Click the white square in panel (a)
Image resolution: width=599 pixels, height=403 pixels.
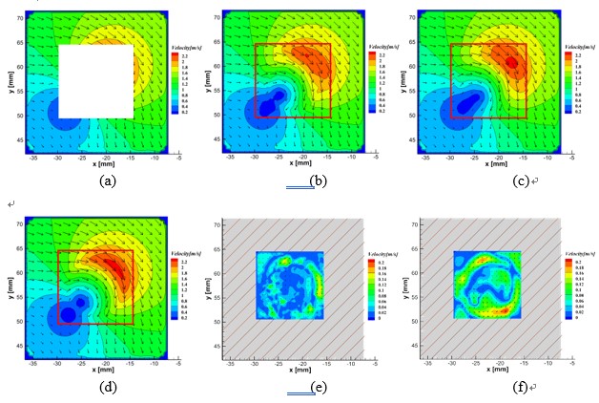tap(96, 82)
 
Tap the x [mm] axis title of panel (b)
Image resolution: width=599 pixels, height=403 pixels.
tap(291, 161)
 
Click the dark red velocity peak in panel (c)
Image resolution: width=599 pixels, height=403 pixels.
tap(512, 62)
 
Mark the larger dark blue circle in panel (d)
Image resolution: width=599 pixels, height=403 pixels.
tap(70, 313)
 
